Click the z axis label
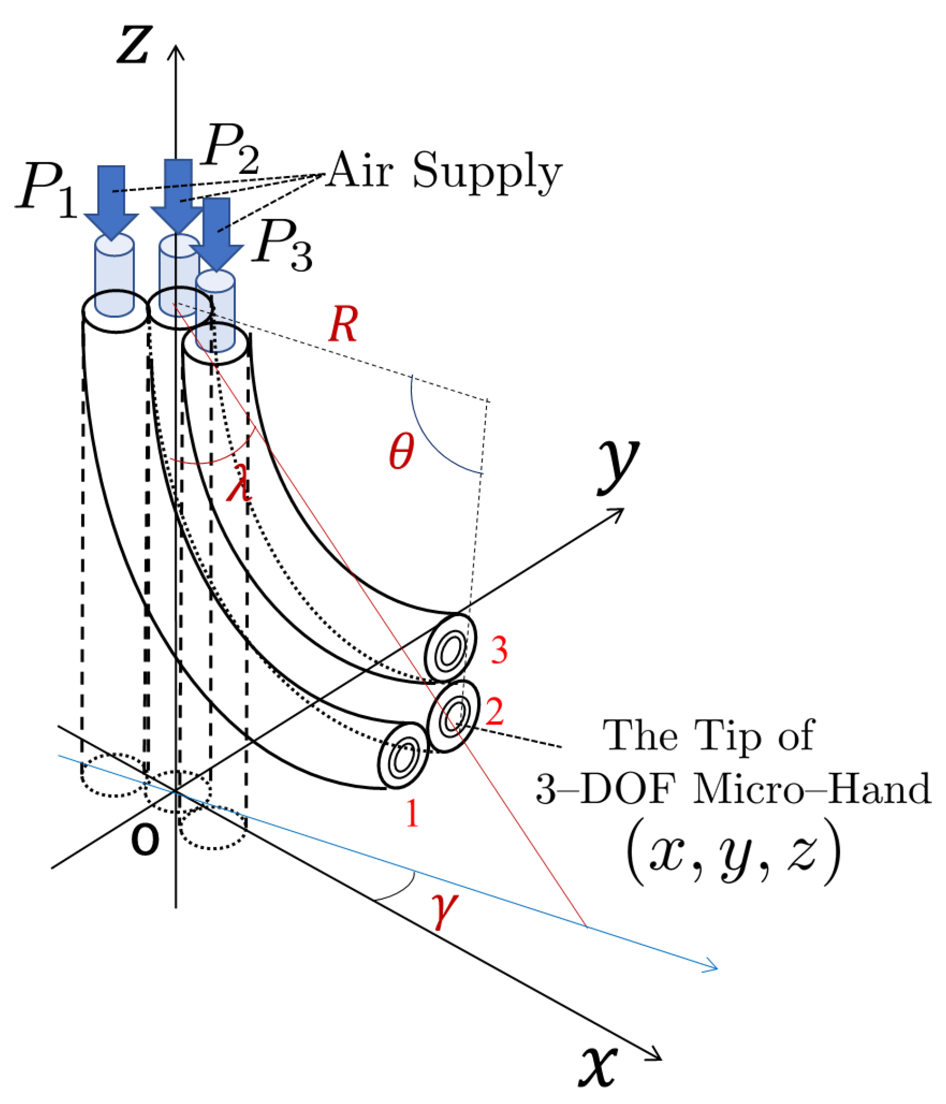134,45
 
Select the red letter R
343,325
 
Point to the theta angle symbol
401,451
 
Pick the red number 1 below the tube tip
412,813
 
